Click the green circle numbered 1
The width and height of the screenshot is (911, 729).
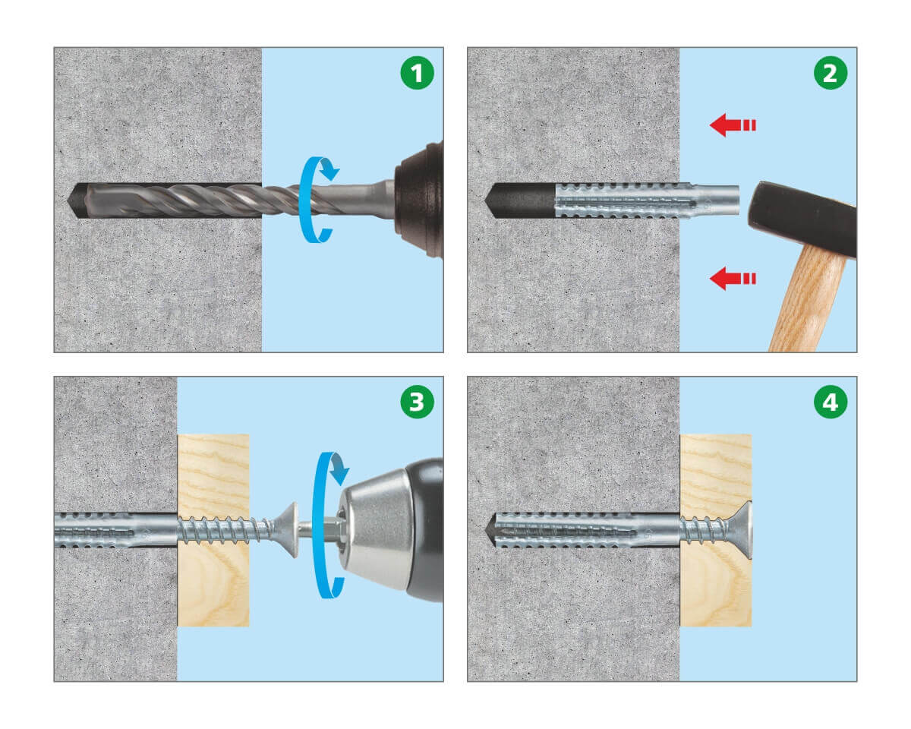tap(417, 73)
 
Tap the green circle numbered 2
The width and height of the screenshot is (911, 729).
tap(830, 73)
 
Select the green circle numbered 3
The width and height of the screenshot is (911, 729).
tap(417, 402)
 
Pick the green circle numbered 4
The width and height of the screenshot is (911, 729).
tap(830, 402)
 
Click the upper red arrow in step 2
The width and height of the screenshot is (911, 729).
tap(733, 125)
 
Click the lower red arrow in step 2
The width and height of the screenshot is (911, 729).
tap(733, 278)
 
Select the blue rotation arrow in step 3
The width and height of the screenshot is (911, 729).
tap(315, 525)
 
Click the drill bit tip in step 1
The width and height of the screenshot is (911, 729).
tap(68, 200)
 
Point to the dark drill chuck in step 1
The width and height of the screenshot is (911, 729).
tap(419, 199)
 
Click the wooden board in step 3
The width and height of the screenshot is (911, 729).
tap(213, 530)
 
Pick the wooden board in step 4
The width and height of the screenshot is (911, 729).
tap(715, 530)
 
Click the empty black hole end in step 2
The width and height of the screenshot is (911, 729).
tap(519, 200)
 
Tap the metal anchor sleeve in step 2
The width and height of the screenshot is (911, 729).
tap(646, 200)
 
